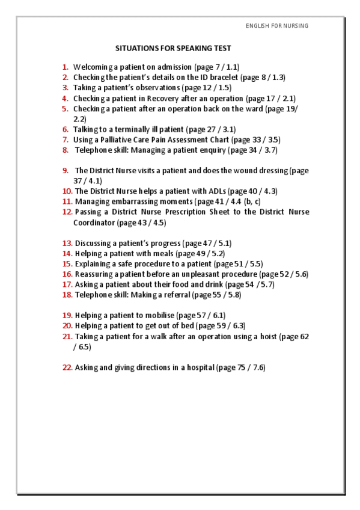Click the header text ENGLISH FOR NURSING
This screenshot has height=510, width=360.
pyautogui.click(x=277, y=26)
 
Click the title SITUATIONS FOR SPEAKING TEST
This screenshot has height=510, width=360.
pyautogui.click(x=173, y=48)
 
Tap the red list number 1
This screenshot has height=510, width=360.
pyautogui.click(x=65, y=67)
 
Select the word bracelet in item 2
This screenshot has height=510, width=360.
pyautogui.click(x=220, y=78)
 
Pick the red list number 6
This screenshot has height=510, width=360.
pyautogui.click(x=65, y=129)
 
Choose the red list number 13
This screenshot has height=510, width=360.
pyautogui.click(x=67, y=244)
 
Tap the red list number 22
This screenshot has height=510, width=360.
pyautogui.click(x=67, y=367)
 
